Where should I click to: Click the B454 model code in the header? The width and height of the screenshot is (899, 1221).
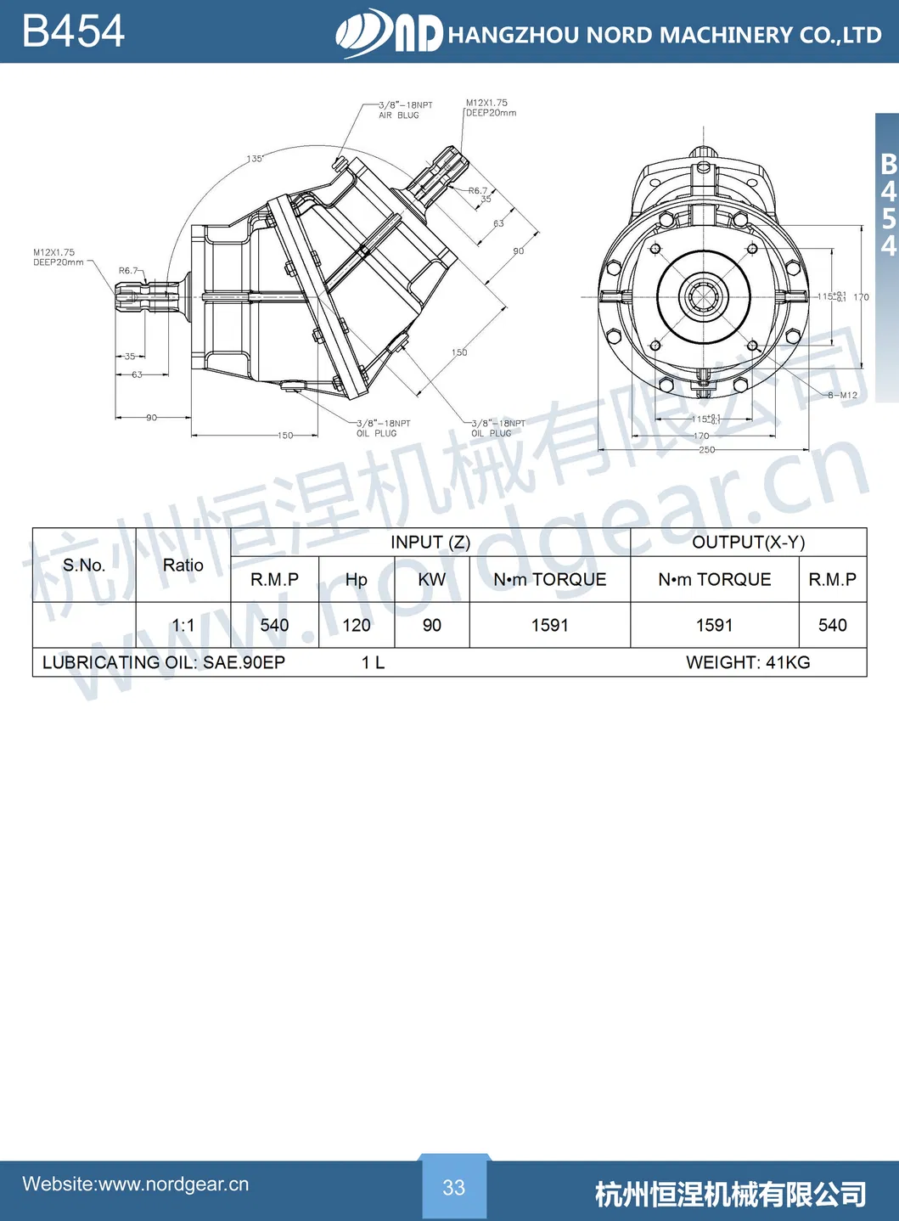tap(73, 31)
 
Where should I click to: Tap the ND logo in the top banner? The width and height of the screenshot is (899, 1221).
tap(390, 33)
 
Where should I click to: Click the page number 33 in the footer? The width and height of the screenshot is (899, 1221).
tap(454, 1187)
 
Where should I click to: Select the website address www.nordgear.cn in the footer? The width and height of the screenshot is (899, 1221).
tap(136, 1184)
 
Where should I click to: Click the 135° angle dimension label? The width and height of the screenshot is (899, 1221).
tap(255, 159)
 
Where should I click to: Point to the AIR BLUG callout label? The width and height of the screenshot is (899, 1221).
tap(399, 115)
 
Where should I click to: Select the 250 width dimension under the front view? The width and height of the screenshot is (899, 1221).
tap(706, 449)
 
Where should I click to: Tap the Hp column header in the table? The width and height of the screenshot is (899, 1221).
tap(357, 579)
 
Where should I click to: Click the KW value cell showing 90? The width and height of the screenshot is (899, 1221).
tap(432, 625)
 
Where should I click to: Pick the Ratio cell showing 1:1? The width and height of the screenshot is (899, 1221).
tap(183, 625)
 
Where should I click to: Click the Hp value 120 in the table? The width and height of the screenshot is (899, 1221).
tap(357, 625)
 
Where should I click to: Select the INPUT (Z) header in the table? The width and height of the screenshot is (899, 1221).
tap(430, 543)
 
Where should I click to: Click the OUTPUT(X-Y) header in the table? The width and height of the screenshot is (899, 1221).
tap(748, 543)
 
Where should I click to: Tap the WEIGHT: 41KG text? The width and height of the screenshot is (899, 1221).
tap(748, 662)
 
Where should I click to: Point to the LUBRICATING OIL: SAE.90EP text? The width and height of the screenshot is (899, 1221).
tap(164, 662)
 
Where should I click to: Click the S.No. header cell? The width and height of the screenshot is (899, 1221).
tap(84, 565)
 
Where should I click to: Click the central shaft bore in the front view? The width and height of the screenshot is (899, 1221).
tap(704, 296)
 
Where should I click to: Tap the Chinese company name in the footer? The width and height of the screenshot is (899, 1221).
tap(730, 1194)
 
